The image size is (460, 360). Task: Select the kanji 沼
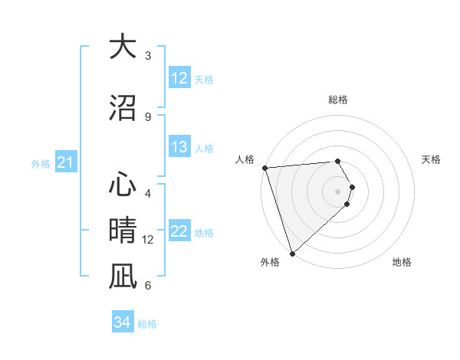tap(123, 106)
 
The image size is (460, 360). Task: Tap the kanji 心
tap(123, 184)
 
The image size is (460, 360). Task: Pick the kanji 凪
tap(123, 276)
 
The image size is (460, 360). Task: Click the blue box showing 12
tap(179, 78)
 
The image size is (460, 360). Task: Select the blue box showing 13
tap(179, 147)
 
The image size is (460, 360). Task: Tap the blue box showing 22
tap(179, 231)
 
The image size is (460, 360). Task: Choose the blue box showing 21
tap(65, 162)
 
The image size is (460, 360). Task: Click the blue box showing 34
tap(123, 322)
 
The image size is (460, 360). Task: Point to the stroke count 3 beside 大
tap(148, 56)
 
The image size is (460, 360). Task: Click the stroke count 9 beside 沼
tap(148, 117)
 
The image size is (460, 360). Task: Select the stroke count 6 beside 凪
tap(148, 286)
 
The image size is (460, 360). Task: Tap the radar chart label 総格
tap(338, 100)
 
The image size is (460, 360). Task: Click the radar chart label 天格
tap(432, 159)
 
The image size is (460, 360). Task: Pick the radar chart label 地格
tap(402, 262)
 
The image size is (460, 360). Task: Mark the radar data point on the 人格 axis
tap(264, 168)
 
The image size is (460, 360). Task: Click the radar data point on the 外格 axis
tap(292, 253)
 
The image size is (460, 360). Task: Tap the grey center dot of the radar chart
tap(338, 191)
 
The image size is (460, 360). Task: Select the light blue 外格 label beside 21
tap(41, 163)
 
